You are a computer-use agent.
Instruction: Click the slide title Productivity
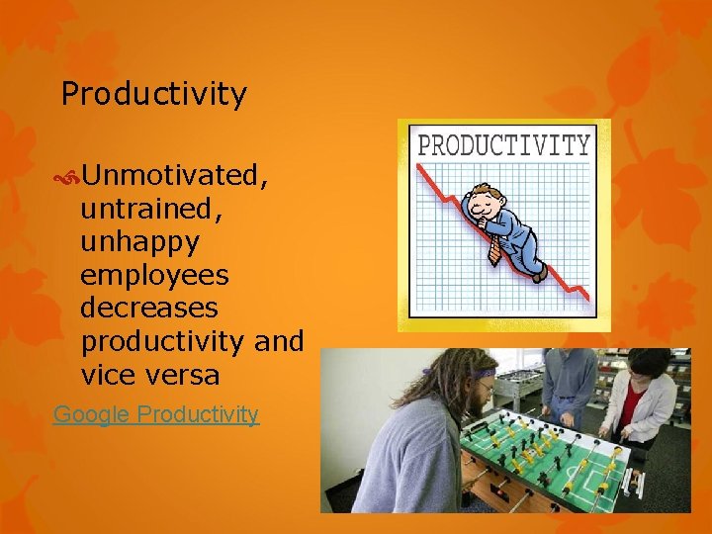click(x=153, y=95)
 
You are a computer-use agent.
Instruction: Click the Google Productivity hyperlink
click(x=156, y=414)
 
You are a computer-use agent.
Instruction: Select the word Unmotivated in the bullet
click(x=175, y=175)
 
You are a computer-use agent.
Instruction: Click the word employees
click(x=154, y=275)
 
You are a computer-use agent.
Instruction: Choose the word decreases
click(x=150, y=308)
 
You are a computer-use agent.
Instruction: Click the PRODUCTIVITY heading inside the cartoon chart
click(x=503, y=145)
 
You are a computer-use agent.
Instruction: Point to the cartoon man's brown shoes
click(x=538, y=272)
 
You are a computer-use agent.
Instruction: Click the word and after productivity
click(x=279, y=341)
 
